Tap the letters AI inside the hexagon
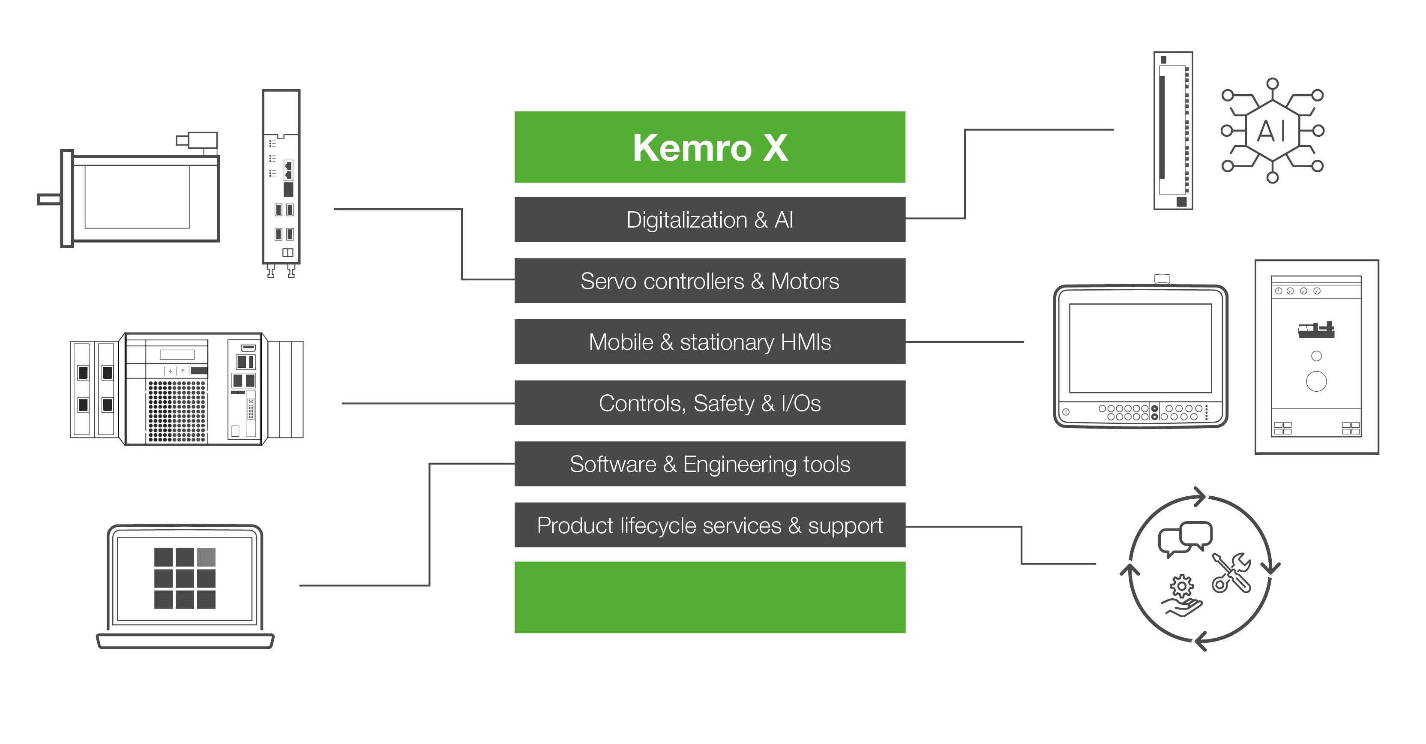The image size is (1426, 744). point(1272,131)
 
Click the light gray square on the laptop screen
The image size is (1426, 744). point(206,557)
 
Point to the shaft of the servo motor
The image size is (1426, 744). point(49,199)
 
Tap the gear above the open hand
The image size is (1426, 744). point(1181,586)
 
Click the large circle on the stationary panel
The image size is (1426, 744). point(1316,381)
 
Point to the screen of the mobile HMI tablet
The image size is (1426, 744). point(1140,348)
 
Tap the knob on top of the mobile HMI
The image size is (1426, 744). point(1162,279)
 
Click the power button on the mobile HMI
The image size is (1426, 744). point(1066,412)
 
